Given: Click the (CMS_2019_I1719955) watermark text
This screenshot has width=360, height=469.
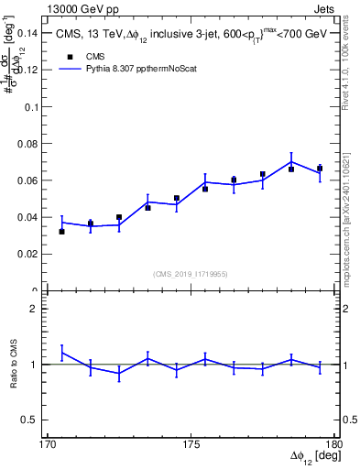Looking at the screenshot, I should click(191, 272).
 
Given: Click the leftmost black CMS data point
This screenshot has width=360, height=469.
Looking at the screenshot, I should click(61, 232).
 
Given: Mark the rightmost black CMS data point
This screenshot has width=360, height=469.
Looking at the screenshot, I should click(320, 169).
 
